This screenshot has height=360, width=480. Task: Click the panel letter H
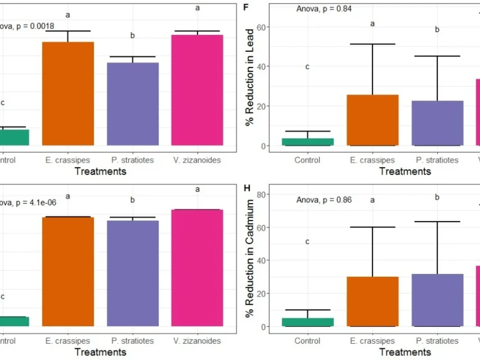[x=247, y=188]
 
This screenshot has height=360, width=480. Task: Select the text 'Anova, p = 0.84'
[x=324, y=9]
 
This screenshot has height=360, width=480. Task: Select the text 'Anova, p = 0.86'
[x=324, y=200]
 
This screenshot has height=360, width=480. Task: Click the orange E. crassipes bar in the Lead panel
[x=372, y=120]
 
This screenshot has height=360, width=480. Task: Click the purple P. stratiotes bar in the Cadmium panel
[x=437, y=300]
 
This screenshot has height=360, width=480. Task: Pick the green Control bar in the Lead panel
[x=308, y=142]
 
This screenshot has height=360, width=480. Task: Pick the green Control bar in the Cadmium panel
[x=308, y=322]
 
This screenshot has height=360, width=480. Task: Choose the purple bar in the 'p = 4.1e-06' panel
[x=133, y=274]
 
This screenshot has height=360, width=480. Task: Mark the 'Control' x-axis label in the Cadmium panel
[x=307, y=341]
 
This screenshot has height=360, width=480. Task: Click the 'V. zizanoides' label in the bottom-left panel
[x=197, y=341]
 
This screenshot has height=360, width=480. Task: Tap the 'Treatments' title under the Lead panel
[x=405, y=171]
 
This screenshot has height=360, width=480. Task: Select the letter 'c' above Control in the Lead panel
[x=308, y=67]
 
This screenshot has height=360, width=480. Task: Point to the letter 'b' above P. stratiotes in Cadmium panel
[x=437, y=197]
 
